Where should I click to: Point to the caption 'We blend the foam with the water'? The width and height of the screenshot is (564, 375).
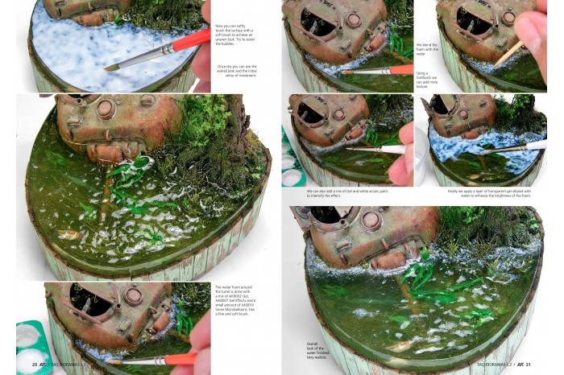427,49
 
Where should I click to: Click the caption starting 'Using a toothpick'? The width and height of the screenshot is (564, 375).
427,80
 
